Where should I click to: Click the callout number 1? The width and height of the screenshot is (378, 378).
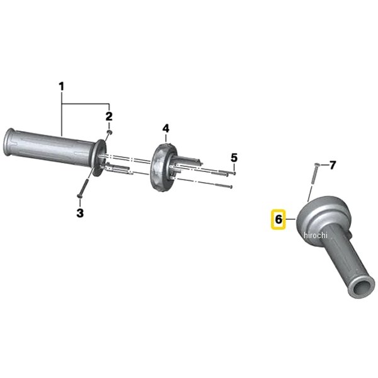62,85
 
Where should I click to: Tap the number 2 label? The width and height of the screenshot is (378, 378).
108,116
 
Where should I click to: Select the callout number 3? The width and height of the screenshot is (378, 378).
80,213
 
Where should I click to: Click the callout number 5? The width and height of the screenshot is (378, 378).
234,157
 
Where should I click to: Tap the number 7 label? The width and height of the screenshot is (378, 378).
333,165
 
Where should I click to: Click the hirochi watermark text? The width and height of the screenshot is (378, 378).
316,235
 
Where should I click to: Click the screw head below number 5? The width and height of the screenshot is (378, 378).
234,173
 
